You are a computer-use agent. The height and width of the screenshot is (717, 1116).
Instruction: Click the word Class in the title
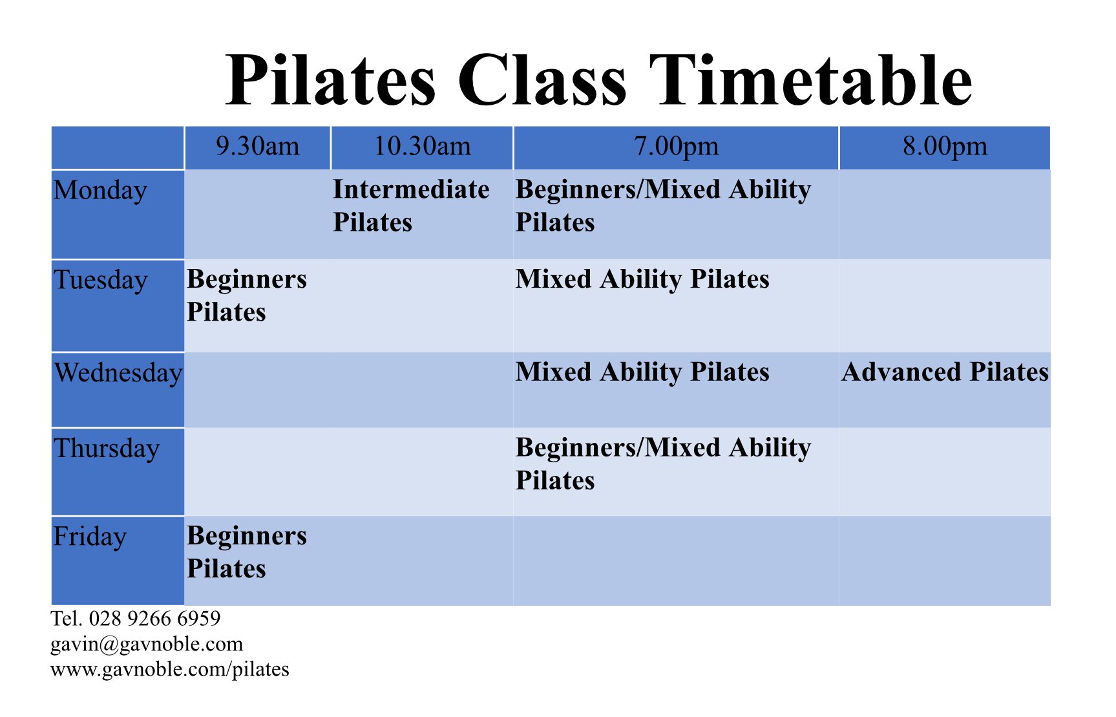542,80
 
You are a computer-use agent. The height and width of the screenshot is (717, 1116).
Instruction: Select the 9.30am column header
258,146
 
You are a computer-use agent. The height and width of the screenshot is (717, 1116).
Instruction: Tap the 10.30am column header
423,146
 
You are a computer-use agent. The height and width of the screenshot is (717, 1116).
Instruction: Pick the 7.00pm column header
676,146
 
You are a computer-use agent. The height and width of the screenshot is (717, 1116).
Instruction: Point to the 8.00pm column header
945,146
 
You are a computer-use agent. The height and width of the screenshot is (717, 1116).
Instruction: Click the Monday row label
100,191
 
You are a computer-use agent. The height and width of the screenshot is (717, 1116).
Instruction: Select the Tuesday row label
101,281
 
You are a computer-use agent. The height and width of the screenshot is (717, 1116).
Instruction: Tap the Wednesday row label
118,373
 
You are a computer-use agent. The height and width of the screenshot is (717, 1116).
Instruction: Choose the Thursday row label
107,449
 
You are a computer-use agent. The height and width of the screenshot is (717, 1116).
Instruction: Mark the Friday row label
90,537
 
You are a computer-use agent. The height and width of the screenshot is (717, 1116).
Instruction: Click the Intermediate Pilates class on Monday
411,206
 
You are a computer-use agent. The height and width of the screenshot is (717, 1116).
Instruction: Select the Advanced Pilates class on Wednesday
945,372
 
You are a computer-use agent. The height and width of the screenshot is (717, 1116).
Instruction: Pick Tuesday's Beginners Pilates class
247,295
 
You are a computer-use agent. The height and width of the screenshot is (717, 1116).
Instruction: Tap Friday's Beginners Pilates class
247,552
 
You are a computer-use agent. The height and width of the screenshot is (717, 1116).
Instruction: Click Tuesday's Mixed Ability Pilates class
642,280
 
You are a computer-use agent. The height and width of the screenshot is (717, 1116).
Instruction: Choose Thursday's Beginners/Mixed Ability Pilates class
663,464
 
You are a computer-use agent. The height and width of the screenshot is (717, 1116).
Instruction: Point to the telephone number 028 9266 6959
154,619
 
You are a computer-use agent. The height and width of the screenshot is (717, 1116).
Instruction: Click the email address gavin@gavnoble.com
147,644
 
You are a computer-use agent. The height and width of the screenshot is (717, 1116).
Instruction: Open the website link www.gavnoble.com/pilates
170,669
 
